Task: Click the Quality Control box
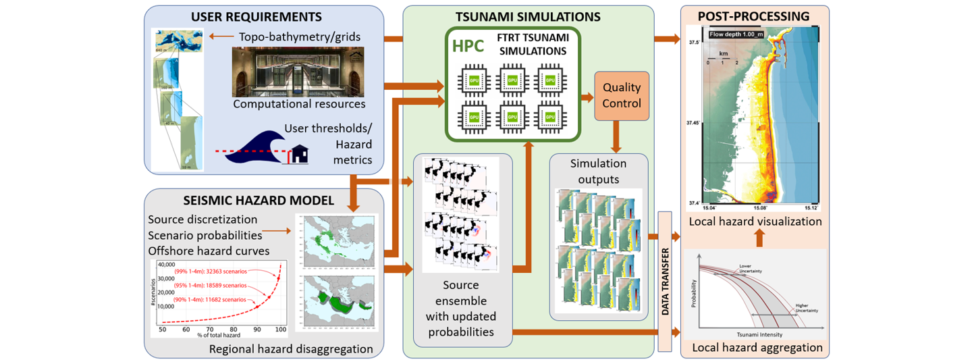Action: [x=622, y=95]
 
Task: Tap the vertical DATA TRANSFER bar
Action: [x=666, y=280]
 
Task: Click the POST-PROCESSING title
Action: [x=753, y=15]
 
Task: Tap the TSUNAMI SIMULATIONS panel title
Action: [x=528, y=15]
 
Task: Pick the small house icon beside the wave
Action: [x=299, y=154]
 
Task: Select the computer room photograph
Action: [x=298, y=72]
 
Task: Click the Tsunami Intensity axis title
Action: [x=755, y=334]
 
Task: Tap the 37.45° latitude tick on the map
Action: [x=694, y=123]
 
